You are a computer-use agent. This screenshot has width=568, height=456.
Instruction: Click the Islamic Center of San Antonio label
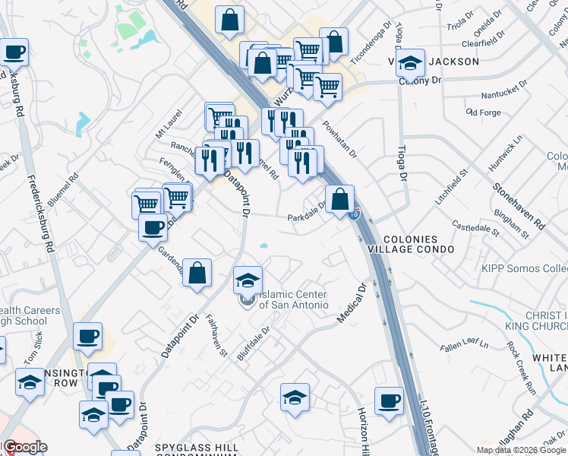293,299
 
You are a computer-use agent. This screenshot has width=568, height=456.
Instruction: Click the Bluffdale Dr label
254,346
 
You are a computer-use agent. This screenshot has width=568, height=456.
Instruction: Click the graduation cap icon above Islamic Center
248,280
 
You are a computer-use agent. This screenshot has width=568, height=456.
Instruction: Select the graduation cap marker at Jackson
411,64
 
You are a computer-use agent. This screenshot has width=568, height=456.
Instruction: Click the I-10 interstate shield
355,216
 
